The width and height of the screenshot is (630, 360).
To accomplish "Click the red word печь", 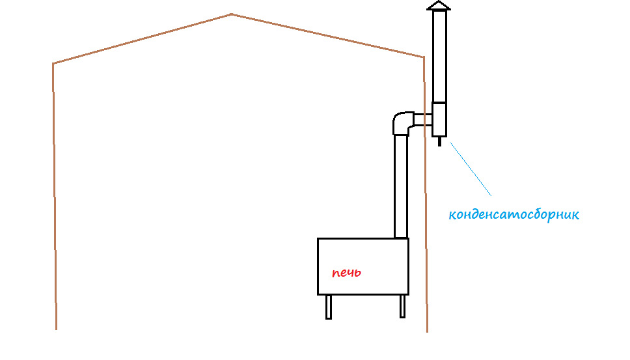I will [346, 273].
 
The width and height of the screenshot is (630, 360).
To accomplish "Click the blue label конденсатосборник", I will [514, 214].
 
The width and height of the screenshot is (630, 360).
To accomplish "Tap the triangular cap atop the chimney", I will [438, 6].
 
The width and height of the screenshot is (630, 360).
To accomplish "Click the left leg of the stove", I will [329, 307].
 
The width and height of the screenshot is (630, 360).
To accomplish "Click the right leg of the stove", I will [403, 306].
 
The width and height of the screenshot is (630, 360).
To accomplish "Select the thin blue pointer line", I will [470, 168].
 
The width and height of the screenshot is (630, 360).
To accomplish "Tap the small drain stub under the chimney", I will [439, 141].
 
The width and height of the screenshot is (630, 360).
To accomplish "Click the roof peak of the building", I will [231, 14].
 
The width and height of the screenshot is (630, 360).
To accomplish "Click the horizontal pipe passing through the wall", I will [422, 119].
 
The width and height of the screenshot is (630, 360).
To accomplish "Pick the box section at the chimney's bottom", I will [439, 119].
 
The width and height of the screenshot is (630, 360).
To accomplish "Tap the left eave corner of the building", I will [53, 63].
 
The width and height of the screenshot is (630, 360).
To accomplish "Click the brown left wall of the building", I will [54, 195].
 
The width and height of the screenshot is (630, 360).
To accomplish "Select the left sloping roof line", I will [142, 38].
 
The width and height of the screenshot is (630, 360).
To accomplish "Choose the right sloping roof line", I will [327, 35].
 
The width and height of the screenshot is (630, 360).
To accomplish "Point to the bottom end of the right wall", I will [427, 330].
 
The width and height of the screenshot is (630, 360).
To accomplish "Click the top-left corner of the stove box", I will [318, 239].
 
